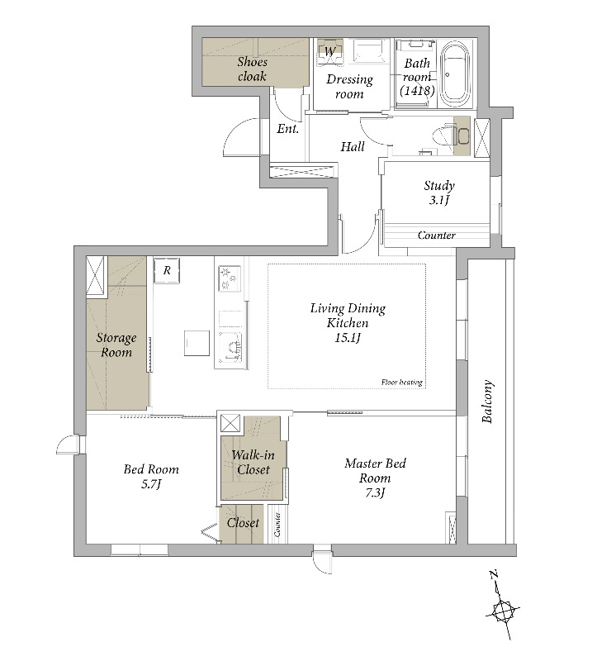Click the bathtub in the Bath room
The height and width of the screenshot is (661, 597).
(x=455, y=74)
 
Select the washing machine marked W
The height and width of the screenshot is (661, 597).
(x=330, y=52)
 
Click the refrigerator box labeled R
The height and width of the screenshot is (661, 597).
(x=167, y=270)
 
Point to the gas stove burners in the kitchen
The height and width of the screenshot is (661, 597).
(x=230, y=278)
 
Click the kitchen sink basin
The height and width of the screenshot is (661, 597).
(x=230, y=347)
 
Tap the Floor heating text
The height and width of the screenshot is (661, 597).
(x=401, y=383)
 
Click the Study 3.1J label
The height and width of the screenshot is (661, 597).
(x=439, y=193)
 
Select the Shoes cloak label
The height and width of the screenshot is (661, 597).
(x=252, y=69)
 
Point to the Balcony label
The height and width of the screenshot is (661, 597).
(x=487, y=402)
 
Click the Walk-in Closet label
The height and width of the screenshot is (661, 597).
(x=253, y=462)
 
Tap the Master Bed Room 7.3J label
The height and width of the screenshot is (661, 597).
(x=375, y=478)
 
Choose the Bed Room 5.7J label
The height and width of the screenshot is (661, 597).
(x=151, y=477)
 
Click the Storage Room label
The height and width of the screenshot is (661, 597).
(x=116, y=345)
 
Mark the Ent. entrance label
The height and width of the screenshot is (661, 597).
(x=287, y=129)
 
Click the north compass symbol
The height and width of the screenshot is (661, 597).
(x=503, y=606)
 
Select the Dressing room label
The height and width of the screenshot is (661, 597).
(x=349, y=87)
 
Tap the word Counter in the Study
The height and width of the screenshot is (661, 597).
(x=437, y=235)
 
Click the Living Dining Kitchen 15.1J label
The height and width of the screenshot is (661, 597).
(x=348, y=323)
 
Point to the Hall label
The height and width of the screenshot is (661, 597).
(x=353, y=147)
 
